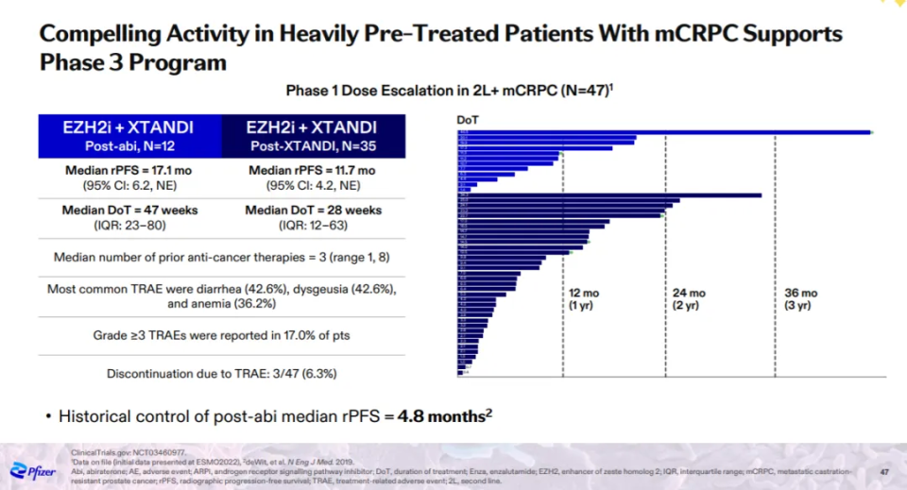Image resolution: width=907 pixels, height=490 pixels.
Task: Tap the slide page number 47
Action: click(x=884, y=470)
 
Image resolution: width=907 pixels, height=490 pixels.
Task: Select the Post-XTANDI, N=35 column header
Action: click(x=312, y=136)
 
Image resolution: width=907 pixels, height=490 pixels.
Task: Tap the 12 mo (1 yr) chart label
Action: click(x=583, y=299)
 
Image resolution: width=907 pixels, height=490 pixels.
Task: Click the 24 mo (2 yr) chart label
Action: click(x=679, y=299)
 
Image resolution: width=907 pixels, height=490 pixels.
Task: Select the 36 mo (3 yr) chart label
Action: click(x=799, y=299)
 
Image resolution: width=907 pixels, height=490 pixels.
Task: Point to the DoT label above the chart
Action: click(x=467, y=120)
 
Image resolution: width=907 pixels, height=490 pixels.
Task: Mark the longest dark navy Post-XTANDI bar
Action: click(x=609, y=195)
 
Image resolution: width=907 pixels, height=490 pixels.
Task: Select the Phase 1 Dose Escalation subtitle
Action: click(x=453, y=91)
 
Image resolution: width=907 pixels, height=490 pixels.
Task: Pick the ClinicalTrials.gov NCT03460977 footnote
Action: click(x=119, y=452)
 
